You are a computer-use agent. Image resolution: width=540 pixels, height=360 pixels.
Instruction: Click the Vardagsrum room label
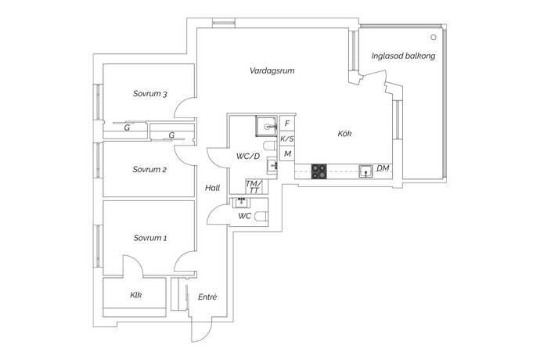[x=272, y=71]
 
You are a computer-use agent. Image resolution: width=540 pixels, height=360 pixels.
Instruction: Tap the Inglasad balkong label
[x=403, y=56]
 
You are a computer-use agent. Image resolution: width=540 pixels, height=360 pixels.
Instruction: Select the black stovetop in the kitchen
[x=319, y=171]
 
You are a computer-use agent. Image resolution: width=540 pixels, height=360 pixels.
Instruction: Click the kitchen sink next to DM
[x=365, y=171]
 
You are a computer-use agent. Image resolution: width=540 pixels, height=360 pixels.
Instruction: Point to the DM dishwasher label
[x=383, y=168]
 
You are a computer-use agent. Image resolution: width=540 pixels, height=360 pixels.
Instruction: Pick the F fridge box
[x=287, y=124]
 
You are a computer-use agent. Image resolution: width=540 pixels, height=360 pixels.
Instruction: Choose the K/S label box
[x=287, y=139]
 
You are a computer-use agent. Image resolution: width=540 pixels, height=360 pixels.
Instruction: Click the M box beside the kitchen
[x=287, y=153]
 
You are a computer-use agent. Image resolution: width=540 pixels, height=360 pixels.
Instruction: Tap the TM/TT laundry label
[x=254, y=187]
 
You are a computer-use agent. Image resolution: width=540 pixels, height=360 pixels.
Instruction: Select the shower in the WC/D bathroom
[x=266, y=127]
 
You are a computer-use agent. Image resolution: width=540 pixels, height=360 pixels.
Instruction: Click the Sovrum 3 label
[x=150, y=94]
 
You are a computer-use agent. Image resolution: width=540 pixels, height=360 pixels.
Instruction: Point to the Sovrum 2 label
[x=149, y=170]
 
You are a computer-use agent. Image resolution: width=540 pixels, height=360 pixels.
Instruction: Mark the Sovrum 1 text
[x=150, y=238]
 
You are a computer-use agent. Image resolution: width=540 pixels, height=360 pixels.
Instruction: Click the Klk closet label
[x=136, y=295]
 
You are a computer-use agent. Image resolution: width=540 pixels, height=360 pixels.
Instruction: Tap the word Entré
[x=207, y=297]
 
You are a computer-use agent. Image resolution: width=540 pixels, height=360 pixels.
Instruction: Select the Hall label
[x=213, y=188]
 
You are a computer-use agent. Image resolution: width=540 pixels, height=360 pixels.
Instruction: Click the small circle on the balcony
[x=434, y=38]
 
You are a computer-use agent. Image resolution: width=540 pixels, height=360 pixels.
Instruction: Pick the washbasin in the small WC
[x=241, y=203]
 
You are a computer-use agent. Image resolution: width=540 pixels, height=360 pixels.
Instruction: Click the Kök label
[x=344, y=134]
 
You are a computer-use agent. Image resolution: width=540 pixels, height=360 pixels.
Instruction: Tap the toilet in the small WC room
[x=262, y=216]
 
